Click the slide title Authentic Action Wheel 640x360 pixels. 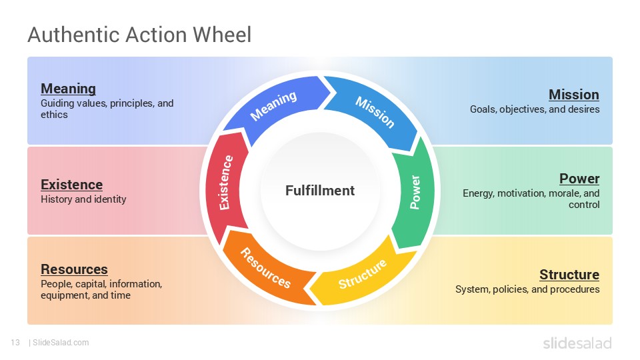(139, 34)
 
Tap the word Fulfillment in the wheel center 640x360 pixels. (320, 191)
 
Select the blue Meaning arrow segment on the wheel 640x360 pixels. (273, 106)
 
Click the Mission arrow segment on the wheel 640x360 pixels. (374, 111)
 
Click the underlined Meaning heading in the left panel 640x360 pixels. (68, 89)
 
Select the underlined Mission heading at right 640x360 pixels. (573, 95)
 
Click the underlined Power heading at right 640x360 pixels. (579, 179)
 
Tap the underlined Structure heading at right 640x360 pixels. (569, 275)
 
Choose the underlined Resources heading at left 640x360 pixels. (74, 269)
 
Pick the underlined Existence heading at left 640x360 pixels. (71, 185)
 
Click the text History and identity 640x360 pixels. (83, 199)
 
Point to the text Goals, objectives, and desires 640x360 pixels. (535, 109)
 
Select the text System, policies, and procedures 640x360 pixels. (527, 289)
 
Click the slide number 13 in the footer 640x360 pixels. (15, 343)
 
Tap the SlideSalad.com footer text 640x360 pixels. (60, 343)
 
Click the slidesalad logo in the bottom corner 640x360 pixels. (577, 343)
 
